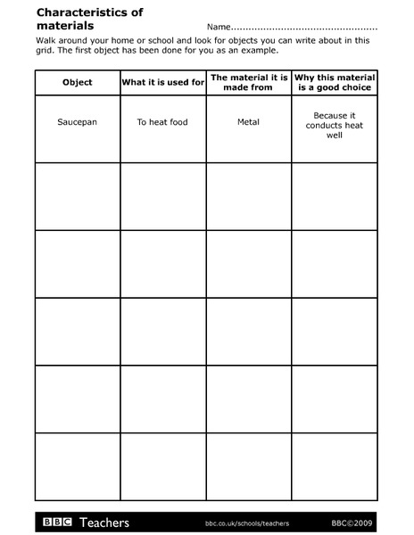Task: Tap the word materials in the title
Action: point(65,26)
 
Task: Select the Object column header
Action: point(78,82)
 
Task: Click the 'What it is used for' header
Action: point(163,82)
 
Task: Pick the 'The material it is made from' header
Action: point(249,82)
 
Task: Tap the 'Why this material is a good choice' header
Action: point(334,82)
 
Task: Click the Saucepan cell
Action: point(78,122)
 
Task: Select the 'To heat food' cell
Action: point(163,122)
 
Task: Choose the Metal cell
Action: point(249,122)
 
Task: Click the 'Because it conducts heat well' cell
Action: point(334,126)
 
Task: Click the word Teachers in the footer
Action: point(104,522)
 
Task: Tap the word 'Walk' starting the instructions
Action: point(47,40)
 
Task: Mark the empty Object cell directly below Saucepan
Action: point(78,195)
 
